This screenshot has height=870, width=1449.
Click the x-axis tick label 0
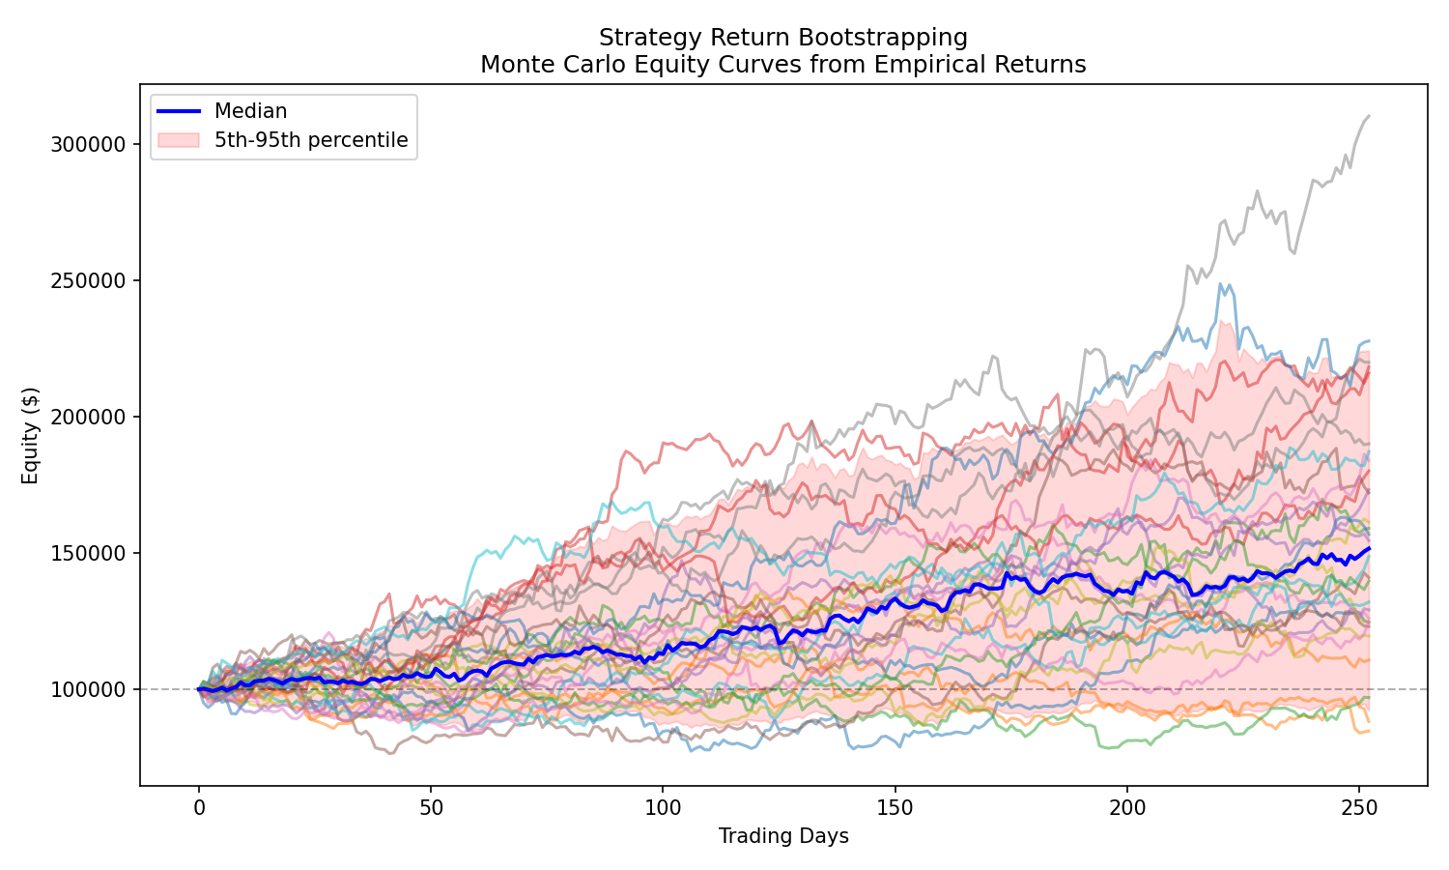(199, 806)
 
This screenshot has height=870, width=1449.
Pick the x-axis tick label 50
(431, 806)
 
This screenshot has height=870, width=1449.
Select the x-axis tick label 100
(663, 806)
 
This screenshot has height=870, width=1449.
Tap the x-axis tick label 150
(895, 806)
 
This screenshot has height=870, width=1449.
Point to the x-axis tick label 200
(1126, 806)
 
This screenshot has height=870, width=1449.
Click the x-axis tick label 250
(1358, 806)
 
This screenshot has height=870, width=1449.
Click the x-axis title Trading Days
(783, 836)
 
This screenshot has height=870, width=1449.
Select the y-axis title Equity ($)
(31, 435)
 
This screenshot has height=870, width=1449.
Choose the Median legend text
(250, 111)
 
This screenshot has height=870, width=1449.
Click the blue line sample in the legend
(180, 111)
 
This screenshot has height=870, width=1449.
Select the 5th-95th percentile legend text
(311, 140)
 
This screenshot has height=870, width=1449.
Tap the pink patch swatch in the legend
(180, 140)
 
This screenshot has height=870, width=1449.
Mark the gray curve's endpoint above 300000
(1369, 116)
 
